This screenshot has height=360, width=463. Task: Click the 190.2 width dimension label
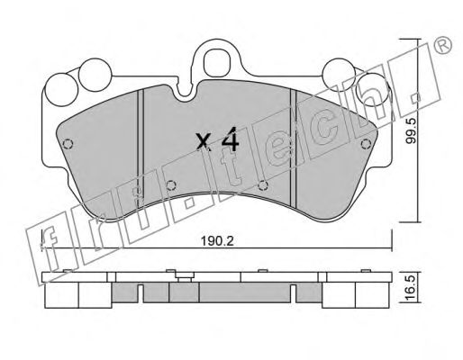pos(217,241)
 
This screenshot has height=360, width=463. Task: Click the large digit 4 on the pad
pos(230,139)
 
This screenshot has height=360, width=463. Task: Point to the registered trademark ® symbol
pos(443,45)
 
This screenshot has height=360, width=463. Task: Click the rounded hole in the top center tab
pos(216,63)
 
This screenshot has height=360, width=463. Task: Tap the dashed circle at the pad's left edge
pos(68,144)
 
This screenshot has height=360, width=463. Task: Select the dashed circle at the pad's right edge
pos(365,144)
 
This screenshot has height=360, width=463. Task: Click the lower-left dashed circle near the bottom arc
pos(171,185)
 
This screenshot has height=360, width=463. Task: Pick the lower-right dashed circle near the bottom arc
pos(263,185)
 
